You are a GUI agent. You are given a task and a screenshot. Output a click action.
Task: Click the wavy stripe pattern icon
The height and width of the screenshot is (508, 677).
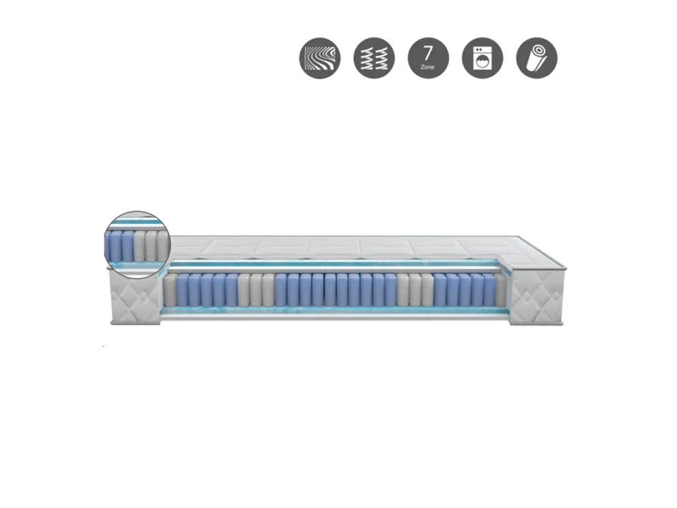coord(320,58)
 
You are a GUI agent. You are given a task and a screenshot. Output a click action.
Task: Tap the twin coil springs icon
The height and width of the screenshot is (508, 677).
coord(374,58)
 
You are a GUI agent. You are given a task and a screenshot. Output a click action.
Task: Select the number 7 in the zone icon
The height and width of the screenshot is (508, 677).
coord(428,53)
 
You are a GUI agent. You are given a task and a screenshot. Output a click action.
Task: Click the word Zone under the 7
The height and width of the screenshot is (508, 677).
coord(427,67)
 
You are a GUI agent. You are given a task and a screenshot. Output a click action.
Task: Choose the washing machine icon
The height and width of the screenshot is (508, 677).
coord(482,58)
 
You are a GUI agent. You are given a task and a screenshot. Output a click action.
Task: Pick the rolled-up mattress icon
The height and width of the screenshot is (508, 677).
coord(536,58)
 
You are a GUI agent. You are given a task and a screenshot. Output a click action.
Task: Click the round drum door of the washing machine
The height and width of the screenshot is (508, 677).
coord(482,61)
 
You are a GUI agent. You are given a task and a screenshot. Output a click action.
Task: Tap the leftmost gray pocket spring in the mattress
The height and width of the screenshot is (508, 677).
coord(170,290)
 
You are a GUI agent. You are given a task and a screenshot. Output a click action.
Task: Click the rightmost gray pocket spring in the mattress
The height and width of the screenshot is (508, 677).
coord(501,290)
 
